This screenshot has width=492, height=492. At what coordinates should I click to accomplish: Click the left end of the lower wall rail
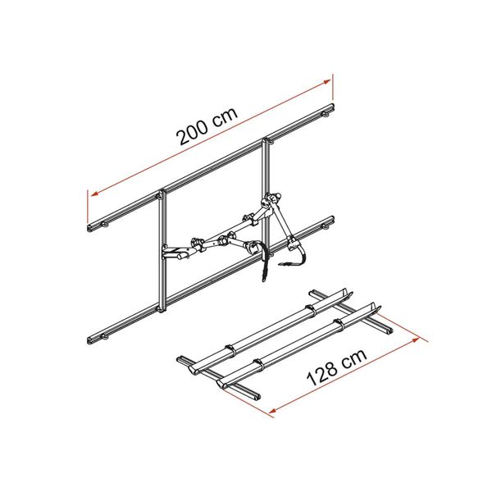pyautogui.click(x=89, y=338)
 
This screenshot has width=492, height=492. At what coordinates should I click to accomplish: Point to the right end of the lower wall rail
pyautogui.click(x=331, y=221)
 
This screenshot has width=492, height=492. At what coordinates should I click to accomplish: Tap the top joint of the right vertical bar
pyautogui.click(x=266, y=144)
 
